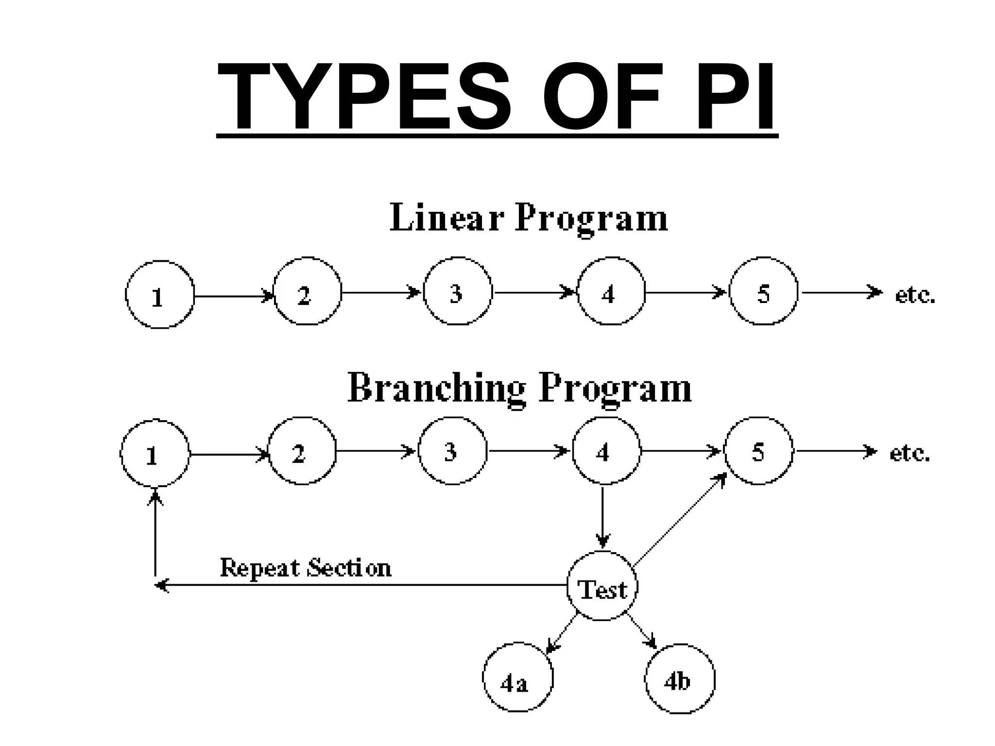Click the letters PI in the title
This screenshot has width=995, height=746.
(x=735, y=97)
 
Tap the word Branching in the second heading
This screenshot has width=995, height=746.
(x=436, y=389)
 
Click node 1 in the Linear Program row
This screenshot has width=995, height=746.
(x=159, y=295)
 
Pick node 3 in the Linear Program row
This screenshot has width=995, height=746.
(x=457, y=291)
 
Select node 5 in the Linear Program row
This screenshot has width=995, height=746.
(x=763, y=291)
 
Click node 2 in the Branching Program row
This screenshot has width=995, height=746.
(x=301, y=451)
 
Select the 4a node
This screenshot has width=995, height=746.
(x=517, y=678)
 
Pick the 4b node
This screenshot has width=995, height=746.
(x=680, y=678)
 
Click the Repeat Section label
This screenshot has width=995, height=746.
(x=305, y=568)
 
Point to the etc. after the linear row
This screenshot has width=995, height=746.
(x=915, y=295)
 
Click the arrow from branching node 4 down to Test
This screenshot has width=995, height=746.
(x=602, y=517)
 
